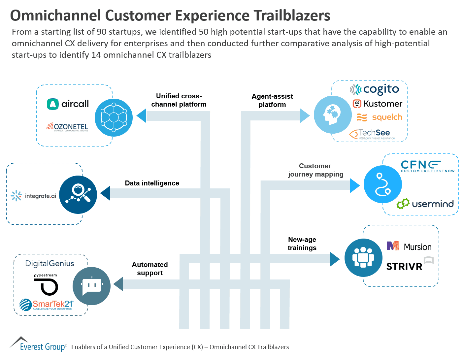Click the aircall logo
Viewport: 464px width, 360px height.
click(68, 104)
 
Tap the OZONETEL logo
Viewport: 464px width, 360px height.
click(67, 127)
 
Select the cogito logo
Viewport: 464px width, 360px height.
click(375, 89)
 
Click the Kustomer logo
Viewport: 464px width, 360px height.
click(378, 104)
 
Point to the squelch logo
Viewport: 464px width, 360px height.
click(380, 117)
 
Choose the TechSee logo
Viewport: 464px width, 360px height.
click(372, 134)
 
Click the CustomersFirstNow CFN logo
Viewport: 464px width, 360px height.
click(427, 166)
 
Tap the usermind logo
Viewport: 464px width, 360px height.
click(425, 204)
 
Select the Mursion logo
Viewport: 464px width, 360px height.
click(409, 246)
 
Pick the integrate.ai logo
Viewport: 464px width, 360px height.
click(33, 196)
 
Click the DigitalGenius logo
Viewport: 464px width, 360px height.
click(50, 263)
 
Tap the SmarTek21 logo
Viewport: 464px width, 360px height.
click(46, 305)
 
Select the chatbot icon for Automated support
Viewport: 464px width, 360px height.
click(91, 286)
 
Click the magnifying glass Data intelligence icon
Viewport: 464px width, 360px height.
click(78, 195)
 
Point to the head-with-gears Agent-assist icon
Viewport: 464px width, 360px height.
click(332, 115)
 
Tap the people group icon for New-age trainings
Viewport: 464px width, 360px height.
click(363, 258)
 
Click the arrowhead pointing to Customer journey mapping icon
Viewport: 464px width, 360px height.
click(355, 185)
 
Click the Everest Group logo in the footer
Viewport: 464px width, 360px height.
click(38, 344)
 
